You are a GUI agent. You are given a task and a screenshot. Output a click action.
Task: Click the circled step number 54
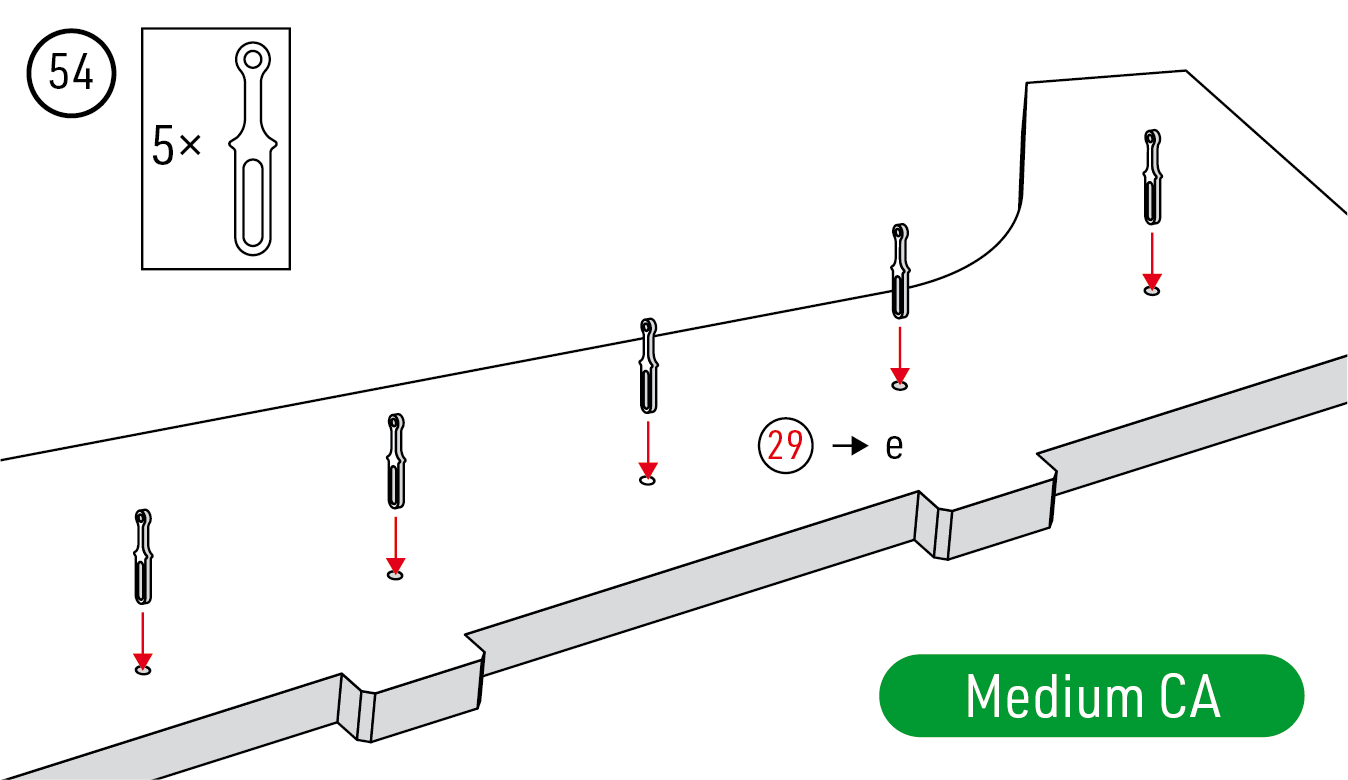tap(71, 75)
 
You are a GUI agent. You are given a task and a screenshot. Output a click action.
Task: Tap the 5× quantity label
tap(177, 148)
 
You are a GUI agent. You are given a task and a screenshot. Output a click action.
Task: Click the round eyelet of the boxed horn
tap(253, 59)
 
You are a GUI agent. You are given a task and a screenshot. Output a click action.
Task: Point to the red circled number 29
tap(785, 444)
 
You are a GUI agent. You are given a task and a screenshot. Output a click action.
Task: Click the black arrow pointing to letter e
tap(850, 445)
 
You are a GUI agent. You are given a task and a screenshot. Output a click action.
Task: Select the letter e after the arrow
tap(894, 446)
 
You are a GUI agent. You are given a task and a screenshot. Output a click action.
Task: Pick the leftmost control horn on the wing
tap(143, 556)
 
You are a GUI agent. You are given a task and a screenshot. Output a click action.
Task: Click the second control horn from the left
tap(396, 461)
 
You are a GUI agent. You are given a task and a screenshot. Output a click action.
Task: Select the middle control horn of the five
tap(648, 366)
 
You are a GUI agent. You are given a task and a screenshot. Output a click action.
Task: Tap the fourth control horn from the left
tap(900, 271)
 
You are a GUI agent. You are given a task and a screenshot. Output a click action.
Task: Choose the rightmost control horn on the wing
tap(1153, 177)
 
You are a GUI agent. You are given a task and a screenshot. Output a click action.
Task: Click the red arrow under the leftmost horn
tap(143, 640)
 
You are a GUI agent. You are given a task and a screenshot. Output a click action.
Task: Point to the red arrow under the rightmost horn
tap(1152, 260)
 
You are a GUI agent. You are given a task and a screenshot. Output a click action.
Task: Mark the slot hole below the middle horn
tap(648, 481)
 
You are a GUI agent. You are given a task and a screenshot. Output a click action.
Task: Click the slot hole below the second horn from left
tap(395, 576)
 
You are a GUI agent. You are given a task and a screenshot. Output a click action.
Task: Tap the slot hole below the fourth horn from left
tap(900, 385)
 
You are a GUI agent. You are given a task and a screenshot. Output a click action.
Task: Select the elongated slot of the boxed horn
tap(252, 205)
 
